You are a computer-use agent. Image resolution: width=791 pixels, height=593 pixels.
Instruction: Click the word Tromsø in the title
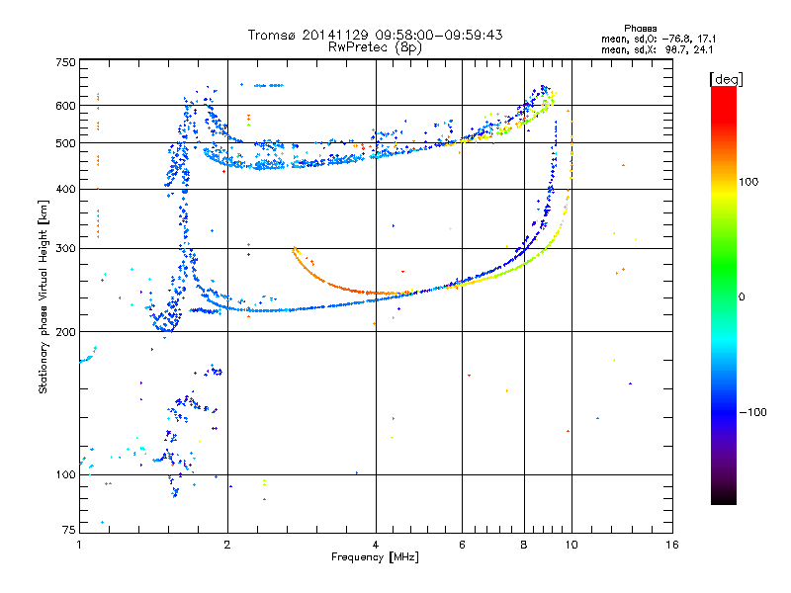tap(272, 35)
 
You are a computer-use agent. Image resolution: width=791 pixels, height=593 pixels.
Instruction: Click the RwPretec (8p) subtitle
tap(375, 47)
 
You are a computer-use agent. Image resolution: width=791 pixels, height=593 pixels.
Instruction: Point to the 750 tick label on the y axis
tap(66, 62)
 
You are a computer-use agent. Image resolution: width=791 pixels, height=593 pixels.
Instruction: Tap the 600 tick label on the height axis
tap(66, 106)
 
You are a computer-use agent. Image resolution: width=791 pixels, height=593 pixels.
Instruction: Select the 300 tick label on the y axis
tap(66, 249)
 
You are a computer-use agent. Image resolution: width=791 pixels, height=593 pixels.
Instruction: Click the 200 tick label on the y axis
tap(66, 332)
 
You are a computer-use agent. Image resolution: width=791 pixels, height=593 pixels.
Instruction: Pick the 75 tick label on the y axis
tap(69, 530)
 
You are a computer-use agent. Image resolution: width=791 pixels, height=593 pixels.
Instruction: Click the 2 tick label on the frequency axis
tap(227, 545)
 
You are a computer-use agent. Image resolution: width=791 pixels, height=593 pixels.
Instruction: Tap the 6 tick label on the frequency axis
tap(462, 545)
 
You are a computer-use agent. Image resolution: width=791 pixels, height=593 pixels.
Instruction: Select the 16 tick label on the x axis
tap(672, 545)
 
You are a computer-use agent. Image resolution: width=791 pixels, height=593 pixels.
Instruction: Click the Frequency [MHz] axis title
tap(375, 557)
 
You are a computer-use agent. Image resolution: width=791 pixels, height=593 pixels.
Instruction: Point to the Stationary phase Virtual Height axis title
tap(44, 297)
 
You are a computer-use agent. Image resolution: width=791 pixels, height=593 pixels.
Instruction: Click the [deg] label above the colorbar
tap(726, 79)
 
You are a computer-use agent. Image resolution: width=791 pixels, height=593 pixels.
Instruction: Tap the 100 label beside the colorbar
tap(748, 182)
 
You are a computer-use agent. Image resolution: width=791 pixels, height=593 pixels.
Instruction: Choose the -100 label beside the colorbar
tap(752, 412)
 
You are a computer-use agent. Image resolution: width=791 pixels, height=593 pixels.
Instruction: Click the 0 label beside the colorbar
tap(742, 297)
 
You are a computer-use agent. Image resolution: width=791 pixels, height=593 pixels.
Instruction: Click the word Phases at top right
tap(640, 29)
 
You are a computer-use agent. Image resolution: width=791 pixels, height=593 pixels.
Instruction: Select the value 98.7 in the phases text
tap(675, 50)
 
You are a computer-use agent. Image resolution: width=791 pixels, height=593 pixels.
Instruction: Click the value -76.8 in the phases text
tap(676, 40)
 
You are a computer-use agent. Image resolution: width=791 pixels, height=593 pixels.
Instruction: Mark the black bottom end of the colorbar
tap(724, 503)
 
